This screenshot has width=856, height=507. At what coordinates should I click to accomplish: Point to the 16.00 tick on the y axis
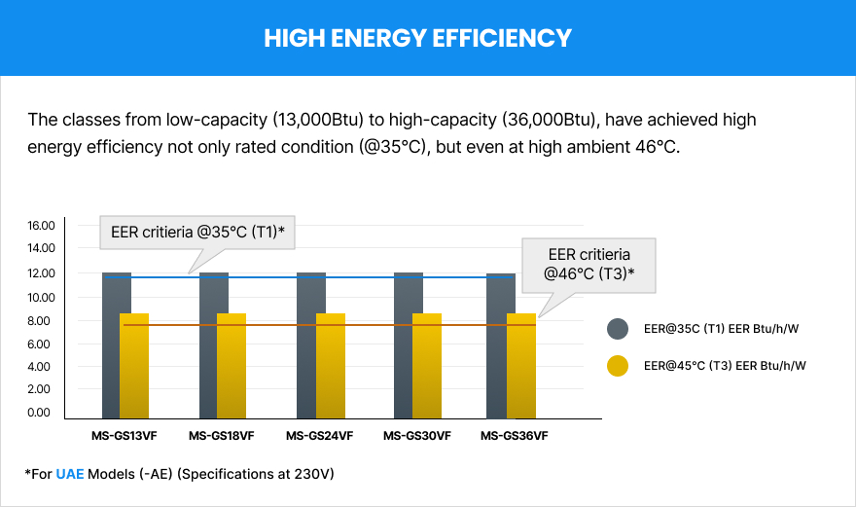pos(41,225)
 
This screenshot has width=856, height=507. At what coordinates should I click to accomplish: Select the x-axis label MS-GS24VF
pos(319,436)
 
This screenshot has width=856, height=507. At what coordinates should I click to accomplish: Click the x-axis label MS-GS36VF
pos(514,436)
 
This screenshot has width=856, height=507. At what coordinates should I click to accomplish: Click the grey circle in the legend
pos(618,329)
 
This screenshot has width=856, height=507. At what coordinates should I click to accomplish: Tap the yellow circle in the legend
pos(618,366)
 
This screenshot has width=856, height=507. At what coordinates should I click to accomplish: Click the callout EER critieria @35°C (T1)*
pos(197,233)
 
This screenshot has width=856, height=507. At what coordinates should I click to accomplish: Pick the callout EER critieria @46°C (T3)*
pos(591,264)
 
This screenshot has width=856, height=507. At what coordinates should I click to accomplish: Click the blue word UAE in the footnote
pos(69,473)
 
